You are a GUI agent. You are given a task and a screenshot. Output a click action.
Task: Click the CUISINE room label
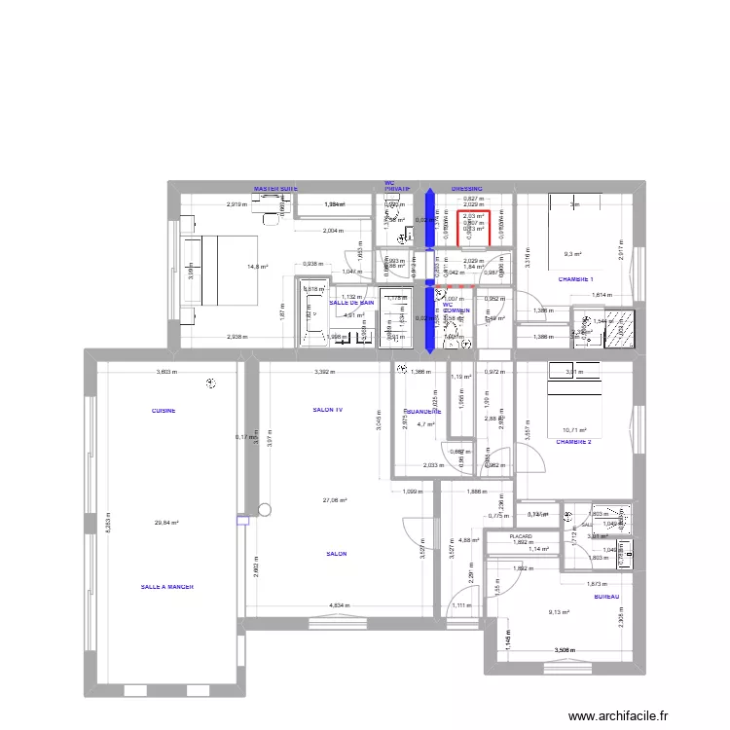pos(164,412)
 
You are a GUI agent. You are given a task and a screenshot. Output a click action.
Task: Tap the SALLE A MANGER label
pos(167,587)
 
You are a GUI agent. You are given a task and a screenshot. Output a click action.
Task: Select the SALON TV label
pos(327,411)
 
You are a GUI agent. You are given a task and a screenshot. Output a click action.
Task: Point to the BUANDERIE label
pos(423,412)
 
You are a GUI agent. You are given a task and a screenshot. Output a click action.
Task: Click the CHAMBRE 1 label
pos(575,279)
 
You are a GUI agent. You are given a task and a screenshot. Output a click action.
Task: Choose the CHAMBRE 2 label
pos(573,441)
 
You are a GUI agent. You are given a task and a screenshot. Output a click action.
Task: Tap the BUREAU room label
pos(606,597)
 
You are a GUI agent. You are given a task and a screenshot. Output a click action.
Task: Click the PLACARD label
pos(524,536)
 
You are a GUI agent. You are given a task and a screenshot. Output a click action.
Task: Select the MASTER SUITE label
pos(275,189)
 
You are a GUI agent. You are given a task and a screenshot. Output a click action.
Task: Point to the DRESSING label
pos(466,189)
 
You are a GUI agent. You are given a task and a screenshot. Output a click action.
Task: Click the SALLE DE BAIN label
pos(351,303)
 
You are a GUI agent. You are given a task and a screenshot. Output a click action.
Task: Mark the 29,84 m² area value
pos(166,523)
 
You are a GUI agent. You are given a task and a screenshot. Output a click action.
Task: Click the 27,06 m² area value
pos(335,500)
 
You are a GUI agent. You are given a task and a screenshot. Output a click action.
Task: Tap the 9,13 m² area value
pos(559,612)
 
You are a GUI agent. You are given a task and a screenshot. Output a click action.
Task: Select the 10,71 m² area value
pos(577,429)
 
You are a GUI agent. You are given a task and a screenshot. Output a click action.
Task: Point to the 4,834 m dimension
pos(341,605)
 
